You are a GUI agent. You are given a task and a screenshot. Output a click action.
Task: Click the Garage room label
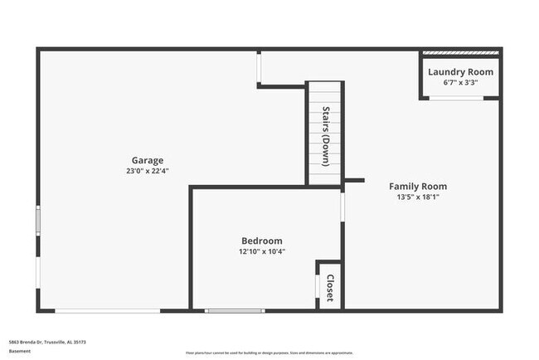[x=147, y=160]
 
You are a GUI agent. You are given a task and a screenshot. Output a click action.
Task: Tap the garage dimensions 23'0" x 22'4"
[x=147, y=171]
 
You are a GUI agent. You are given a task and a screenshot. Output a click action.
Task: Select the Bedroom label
[x=261, y=241]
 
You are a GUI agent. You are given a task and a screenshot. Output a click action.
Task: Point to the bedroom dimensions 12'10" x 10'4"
[x=261, y=251]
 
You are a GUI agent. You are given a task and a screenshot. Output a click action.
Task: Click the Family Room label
[x=418, y=187]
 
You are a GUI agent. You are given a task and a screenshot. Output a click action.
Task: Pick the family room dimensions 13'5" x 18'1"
[x=418, y=197]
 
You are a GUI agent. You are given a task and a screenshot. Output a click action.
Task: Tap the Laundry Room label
[x=460, y=72]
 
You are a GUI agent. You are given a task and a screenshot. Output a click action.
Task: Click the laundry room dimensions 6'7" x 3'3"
[x=460, y=83]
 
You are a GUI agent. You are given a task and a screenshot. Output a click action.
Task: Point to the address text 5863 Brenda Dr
[x=46, y=342]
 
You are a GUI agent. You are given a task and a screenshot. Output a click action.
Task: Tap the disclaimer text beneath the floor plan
[x=269, y=352]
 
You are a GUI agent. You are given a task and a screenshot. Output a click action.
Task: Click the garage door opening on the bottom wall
[x=108, y=311]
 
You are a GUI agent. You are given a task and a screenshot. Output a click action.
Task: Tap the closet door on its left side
[x=317, y=286]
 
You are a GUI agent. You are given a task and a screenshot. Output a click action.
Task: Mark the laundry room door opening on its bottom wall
[x=456, y=98]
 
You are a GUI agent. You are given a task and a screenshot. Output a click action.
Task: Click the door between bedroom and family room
[x=342, y=206]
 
